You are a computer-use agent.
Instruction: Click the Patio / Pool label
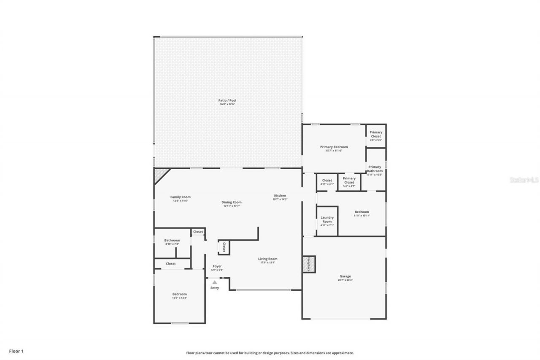[227, 100]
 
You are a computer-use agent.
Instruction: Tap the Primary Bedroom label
[334, 147]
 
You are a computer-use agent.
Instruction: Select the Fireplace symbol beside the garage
[308, 264]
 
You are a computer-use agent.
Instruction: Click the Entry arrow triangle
[214, 282]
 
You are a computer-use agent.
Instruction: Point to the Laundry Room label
[327, 219]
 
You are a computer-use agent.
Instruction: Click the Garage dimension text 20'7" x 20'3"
[345, 280]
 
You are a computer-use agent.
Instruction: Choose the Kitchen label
[280, 195]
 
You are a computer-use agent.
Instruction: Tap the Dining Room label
[232, 202]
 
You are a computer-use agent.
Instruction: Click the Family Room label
[180, 197]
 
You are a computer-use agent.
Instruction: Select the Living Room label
[267, 259]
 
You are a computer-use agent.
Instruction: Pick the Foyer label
[217, 266]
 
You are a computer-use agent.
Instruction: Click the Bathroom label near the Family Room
[172, 240]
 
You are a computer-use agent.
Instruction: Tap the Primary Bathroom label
[375, 169]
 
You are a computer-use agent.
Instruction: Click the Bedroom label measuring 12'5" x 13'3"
[179, 294]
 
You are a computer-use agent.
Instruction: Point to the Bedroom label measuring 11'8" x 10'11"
[362, 212]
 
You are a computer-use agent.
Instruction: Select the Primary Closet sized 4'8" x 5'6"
[376, 134]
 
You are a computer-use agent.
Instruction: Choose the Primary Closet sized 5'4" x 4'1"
[349, 180]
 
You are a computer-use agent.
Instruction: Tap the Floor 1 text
[16, 351]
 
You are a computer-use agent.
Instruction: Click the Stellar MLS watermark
[524, 180]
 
